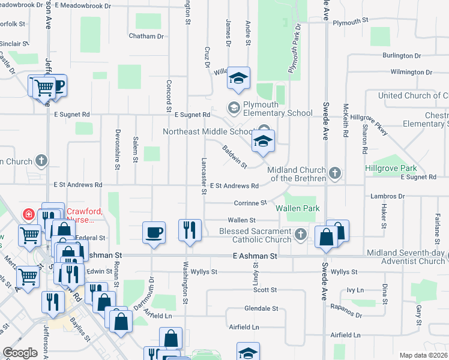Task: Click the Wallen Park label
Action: click(298, 208)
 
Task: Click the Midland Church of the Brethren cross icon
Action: click(336, 174)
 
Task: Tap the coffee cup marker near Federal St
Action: click(154, 232)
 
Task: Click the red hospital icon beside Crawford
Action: click(27, 214)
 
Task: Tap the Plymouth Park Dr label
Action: click(294, 49)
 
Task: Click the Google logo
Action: click(20, 353)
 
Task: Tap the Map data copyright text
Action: click(423, 355)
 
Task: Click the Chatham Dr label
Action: click(146, 36)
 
